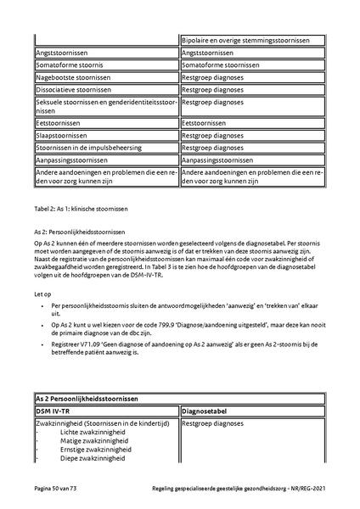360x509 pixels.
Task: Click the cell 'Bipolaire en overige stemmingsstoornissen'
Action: pyautogui.click(x=252, y=40)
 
